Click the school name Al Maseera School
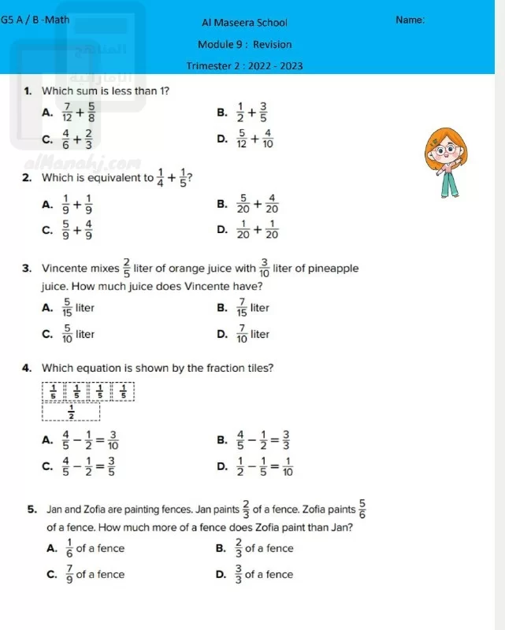click(244, 23)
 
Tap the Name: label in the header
click(411, 20)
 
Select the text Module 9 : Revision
click(245, 45)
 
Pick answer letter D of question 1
click(221, 139)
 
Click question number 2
click(27, 177)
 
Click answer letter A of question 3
click(46, 307)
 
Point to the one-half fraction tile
click(72, 410)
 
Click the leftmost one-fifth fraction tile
click(54, 391)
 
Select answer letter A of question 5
click(51, 548)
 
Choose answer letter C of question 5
click(51, 574)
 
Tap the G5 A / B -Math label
click(35, 18)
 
